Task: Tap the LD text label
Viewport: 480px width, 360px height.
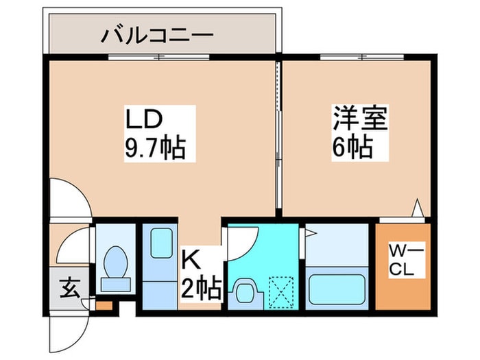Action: [x=143, y=119]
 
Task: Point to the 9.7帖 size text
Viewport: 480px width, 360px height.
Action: [x=155, y=147]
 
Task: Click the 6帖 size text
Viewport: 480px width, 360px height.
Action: [x=353, y=147]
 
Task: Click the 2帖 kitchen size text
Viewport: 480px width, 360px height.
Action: [x=200, y=288]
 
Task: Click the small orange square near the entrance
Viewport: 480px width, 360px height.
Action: [x=103, y=304]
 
